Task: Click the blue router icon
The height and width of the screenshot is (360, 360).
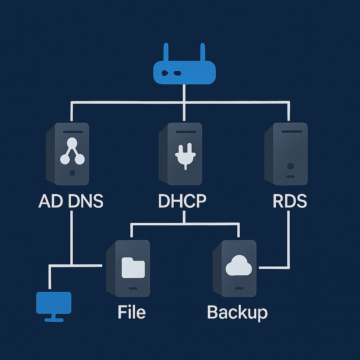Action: [184, 72]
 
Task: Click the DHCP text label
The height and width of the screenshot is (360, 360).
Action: [182, 201]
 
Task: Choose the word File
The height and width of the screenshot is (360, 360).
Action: [131, 311]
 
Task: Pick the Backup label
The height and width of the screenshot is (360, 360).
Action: [237, 312]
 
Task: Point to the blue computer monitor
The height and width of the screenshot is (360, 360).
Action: [54, 303]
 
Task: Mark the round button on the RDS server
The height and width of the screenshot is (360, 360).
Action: [290, 166]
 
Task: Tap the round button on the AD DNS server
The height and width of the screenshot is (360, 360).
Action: [72, 173]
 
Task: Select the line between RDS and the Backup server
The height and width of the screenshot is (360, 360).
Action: [289, 243]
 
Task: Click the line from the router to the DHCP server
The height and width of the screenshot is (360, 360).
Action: [184, 105]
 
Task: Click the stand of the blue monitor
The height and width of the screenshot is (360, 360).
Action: [54, 318]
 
